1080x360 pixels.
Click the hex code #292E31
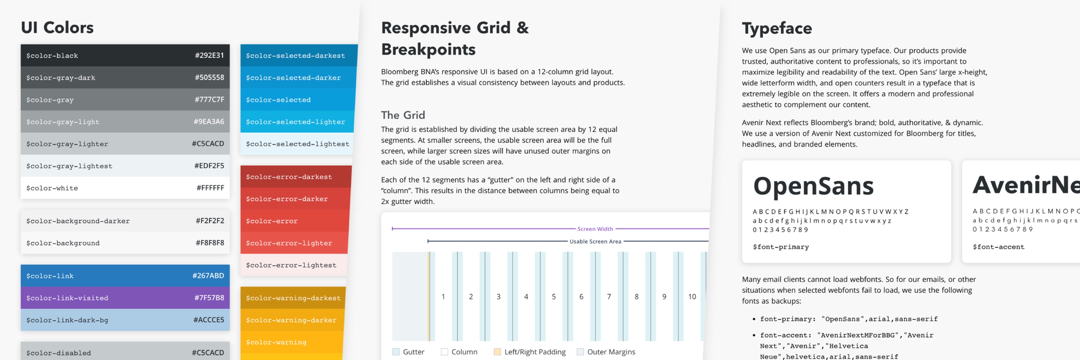tap(209, 55)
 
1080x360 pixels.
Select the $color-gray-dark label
tap(61, 78)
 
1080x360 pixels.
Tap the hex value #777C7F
tap(209, 100)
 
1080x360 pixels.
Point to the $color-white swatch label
tap(52, 188)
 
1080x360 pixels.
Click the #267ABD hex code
tap(208, 276)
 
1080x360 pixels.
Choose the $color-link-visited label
tap(67, 298)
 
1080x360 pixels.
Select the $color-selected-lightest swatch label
tap(297, 144)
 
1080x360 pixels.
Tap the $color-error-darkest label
tap(289, 177)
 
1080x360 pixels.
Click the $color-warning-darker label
tap(291, 320)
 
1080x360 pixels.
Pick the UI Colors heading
tap(57, 28)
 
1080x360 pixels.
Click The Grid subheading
tap(403, 115)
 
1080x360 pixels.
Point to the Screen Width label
tap(595, 229)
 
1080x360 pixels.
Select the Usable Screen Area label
tap(595, 241)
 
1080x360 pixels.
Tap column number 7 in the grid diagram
tap(609, 297)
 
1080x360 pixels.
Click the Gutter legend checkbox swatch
tap(396, 352)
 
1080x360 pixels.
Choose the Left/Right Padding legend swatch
tap(497, 352)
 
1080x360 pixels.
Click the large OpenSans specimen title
tap(813, 186)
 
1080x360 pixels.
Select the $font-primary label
tap(781, 247)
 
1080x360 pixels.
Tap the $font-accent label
tap(998, 247)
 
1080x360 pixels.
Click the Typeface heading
tap(777, 28)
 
